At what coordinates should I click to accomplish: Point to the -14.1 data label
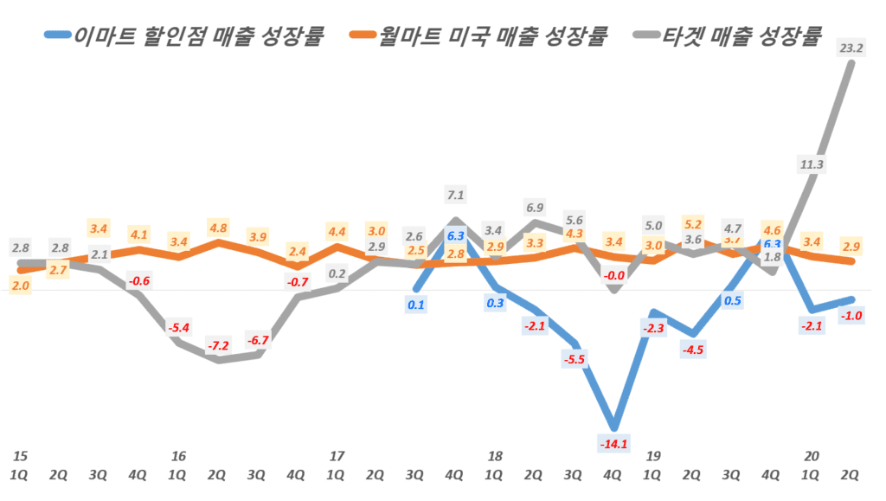(613, 445)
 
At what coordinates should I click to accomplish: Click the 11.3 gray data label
(812, 164)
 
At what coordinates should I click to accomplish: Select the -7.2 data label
(218, 346)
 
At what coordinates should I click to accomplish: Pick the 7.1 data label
(455, 195)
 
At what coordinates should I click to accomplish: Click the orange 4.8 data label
(218, 229)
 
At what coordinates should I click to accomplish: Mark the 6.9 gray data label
(535, 208)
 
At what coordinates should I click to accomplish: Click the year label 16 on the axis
(178, 456)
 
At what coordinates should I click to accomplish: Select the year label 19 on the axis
(653, 456)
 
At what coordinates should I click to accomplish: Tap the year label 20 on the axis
(812, 456)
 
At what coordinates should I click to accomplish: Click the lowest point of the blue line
(614, 427)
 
